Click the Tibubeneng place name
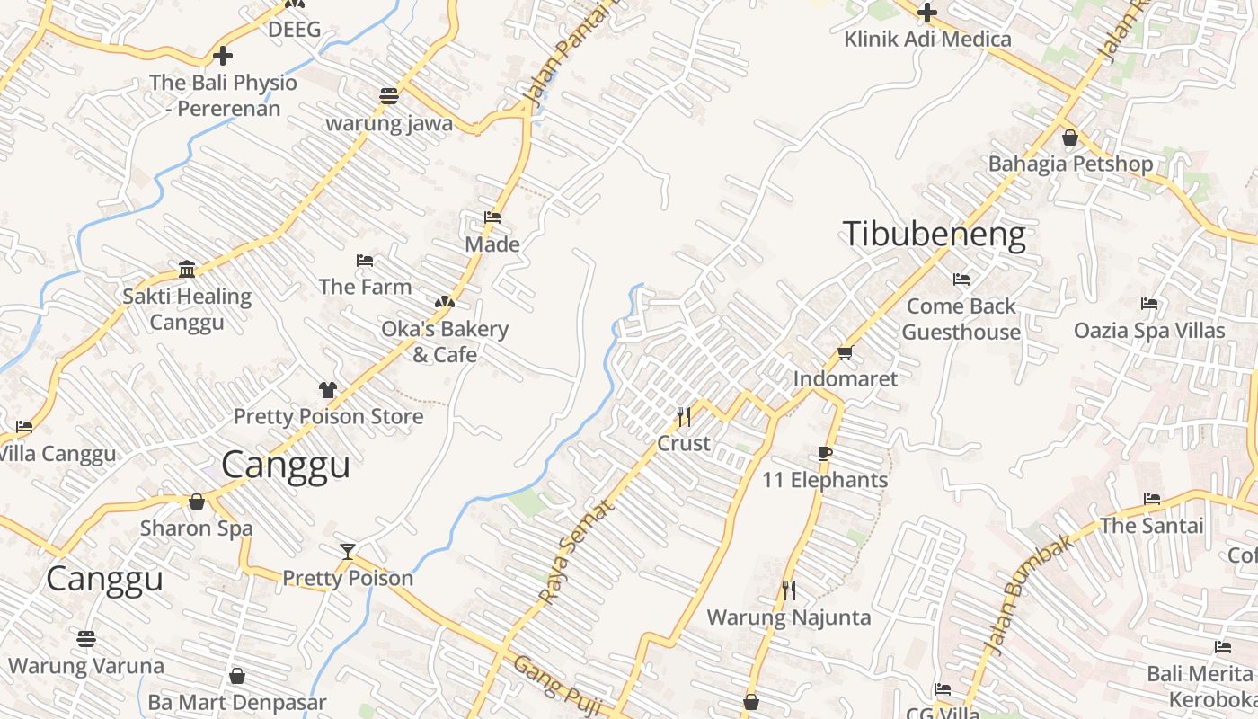(934, 235)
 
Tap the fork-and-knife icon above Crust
(684, 416)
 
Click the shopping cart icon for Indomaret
(845, 352)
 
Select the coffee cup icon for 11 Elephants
(825, 453)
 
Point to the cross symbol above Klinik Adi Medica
(927, 13)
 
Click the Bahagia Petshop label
(1070, 164)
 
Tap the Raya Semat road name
(576, 550)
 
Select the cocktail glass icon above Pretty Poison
(348, 550)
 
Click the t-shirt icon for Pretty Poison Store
(328, 390)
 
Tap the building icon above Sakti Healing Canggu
(187, 269)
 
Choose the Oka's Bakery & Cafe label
(445, 342)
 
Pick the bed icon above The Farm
(365, 261)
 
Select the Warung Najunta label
(788, 617)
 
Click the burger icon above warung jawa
(389, 96)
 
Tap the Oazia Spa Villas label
(1149, 331)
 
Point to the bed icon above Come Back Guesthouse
(961, 280)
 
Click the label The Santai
(1151, 526)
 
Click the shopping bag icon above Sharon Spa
(197, 502)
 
